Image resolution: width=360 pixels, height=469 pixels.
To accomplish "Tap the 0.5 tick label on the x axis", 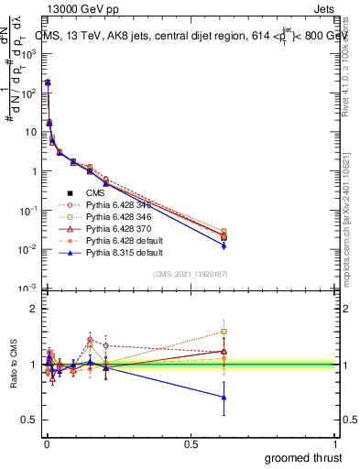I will point(191,442).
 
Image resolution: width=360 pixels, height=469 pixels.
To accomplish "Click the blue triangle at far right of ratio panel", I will point(224,397).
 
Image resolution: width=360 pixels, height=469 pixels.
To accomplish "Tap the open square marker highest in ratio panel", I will point(224,332).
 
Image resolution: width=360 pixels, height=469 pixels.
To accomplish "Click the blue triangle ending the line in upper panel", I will point(224,245).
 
